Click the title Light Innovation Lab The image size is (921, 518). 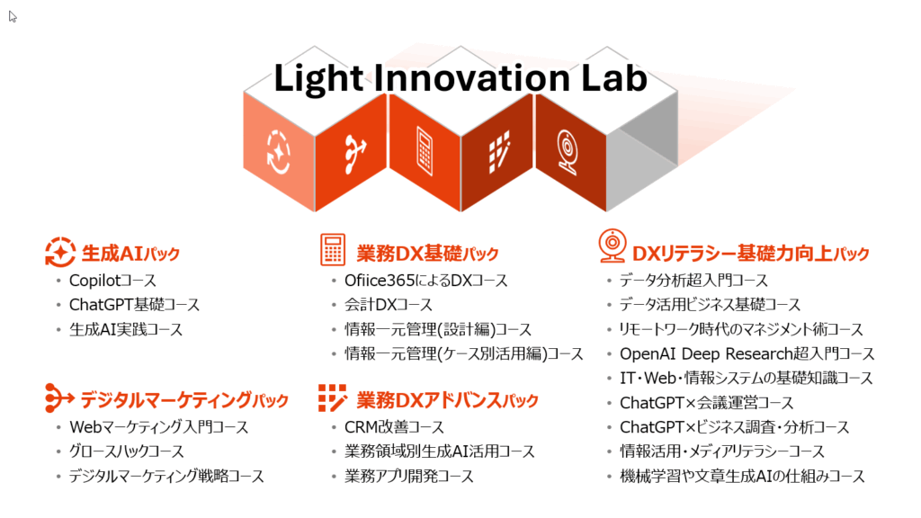coord(460,79)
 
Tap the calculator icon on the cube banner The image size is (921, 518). coord(425,150)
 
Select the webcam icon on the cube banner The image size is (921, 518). coord(567,151)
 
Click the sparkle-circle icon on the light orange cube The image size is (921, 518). coord(279,153)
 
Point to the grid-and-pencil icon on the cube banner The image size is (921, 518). coord(498,152)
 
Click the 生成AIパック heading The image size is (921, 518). coord(130,254)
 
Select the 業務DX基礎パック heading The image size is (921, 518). coord(427,254)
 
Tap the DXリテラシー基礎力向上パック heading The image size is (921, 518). coord(750,254)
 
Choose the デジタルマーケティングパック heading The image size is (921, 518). coord(184,400)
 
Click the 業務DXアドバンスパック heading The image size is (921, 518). coord(447,400)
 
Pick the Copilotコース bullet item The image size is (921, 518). coord(112,281)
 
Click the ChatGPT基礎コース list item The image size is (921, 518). coord(135,305)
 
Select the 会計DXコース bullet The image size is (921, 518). coord(389,305)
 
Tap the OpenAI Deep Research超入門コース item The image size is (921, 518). coord(747,354)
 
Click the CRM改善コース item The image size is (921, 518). coord(394,427)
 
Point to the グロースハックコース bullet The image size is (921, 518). coord(127,451)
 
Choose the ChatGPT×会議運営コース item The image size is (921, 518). coord(707,403)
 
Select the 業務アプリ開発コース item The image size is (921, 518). coord(409,477)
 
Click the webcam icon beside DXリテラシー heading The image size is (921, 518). coord(612,246)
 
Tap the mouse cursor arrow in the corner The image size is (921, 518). coord(13,16)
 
